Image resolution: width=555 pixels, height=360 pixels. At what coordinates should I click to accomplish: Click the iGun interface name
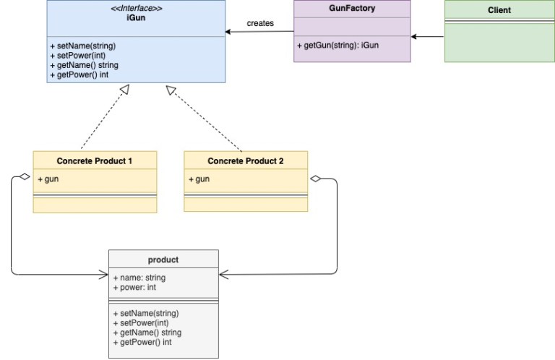click(x=136, y=17)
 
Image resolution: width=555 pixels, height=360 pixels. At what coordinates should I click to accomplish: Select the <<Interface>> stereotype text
click(x=137, y=8)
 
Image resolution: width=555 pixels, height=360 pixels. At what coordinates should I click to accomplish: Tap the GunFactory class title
click(x=352, y=8)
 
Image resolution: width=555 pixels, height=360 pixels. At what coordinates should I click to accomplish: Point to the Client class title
click(x=499, y=10)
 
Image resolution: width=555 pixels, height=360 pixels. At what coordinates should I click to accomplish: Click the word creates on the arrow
click(x=260, y=23)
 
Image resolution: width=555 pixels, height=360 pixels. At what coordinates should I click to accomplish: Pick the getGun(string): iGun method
click(x=338, y=46)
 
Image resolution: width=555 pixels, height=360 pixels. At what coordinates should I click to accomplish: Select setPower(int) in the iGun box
click(x=78, y=56)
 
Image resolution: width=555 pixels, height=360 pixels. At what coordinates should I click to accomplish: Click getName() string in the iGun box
click(x=85, y=65)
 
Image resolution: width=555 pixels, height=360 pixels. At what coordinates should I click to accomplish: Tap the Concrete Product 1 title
click(x=94, y=161)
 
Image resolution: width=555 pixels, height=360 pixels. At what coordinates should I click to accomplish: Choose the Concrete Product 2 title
click(x=245, y=161)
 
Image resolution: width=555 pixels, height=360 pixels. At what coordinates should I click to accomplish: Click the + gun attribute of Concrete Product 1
click(x=48, y=179)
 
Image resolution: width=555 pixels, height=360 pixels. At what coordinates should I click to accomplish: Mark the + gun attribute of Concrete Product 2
click(x=199, y=179)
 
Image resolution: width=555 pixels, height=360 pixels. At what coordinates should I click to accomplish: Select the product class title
click(x=163, y=260)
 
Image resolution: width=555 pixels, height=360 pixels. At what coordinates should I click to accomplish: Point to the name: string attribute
click(x=139, y=278)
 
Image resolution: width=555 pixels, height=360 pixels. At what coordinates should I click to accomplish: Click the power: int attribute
click(x=134, y=287)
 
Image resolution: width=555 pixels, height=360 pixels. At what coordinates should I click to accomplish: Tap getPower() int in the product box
click(x=142, y=342)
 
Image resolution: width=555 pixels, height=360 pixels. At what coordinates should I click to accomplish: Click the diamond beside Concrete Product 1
click(x=25, y=176)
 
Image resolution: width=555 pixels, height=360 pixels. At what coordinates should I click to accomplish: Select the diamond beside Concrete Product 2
click(x=315, y=179)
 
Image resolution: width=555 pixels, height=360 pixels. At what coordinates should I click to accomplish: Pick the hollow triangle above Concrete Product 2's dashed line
click(x=171, y=90)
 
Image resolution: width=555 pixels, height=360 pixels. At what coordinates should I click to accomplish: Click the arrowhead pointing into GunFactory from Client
click(x=414, y=36)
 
